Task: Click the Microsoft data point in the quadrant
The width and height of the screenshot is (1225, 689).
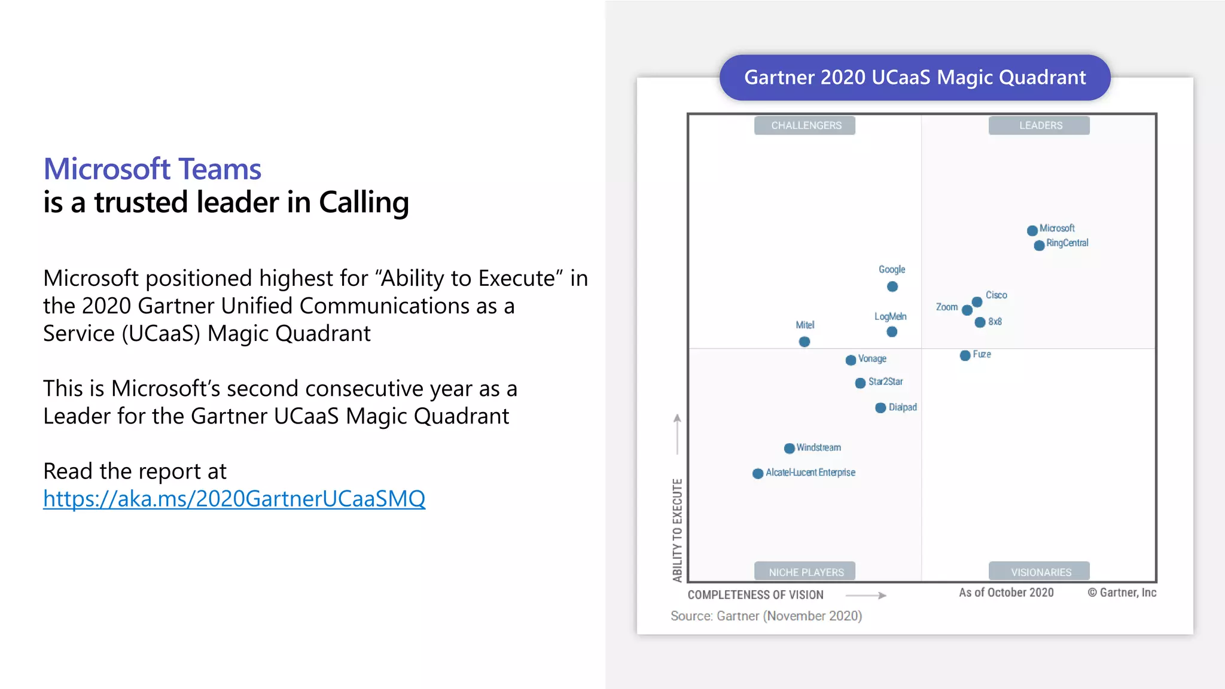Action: tap(1032, 230)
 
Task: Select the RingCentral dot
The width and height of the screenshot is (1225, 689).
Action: tap(1039, 245)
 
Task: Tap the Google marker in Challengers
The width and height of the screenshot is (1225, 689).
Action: tap(892, 286)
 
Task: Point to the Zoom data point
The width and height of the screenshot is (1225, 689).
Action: tap(967, 310)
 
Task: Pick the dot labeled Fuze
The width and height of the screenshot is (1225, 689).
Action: tap(965, 355)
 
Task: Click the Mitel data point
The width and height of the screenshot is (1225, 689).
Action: tap(805, 342)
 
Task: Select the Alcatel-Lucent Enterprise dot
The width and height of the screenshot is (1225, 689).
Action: tap(757, 473)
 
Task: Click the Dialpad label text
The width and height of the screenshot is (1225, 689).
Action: tap(903, 407)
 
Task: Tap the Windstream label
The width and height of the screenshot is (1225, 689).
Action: tap(818, 447)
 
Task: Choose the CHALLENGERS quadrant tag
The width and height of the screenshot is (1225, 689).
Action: tap(805, 126)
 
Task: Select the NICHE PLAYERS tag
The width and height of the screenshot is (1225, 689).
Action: tap(805, 572)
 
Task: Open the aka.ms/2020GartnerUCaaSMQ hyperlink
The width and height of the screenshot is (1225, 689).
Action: tap(234, 499)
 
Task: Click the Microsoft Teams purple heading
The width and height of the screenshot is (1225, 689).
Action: tap(153, 169)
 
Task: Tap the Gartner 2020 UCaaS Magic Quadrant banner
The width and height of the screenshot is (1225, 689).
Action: tap(915, 78)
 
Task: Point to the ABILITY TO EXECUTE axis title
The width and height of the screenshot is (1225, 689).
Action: tap(677, 530)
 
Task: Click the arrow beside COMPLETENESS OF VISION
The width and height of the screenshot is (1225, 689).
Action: tap(866, 595)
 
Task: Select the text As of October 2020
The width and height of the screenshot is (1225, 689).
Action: tap(1006, 593)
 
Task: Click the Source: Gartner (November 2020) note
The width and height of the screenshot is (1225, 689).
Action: tap(766, 616)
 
